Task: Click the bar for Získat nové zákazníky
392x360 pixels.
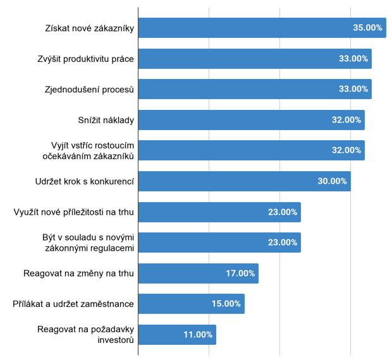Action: pos(262,28)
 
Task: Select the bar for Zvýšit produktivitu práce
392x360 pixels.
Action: pos(254,58)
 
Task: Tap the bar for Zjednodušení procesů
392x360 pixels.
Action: pos(254,89)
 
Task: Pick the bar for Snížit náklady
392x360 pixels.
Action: pos(251,119)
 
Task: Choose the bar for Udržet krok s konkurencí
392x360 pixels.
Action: pos(244,181)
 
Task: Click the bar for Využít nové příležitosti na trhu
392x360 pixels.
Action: pos(219,212)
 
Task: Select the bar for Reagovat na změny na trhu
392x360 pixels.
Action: pos(198,273)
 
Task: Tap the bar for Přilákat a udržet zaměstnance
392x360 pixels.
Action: pos(191,304)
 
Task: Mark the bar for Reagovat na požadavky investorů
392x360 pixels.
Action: pos(177,335)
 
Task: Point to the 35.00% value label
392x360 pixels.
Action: pos(367,28)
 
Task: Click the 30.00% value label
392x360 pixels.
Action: pos(332,181)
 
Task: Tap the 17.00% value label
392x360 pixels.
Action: pos(240,273)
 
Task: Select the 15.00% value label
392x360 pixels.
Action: pos(226,304)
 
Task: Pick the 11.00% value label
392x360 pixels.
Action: pos(198,335)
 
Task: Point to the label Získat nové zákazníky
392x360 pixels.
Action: pos(90,28)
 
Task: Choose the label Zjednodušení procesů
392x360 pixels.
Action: pos(89,89)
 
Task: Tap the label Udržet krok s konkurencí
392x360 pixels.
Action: pos(85,181)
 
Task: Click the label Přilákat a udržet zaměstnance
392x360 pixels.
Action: pos(73,304)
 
